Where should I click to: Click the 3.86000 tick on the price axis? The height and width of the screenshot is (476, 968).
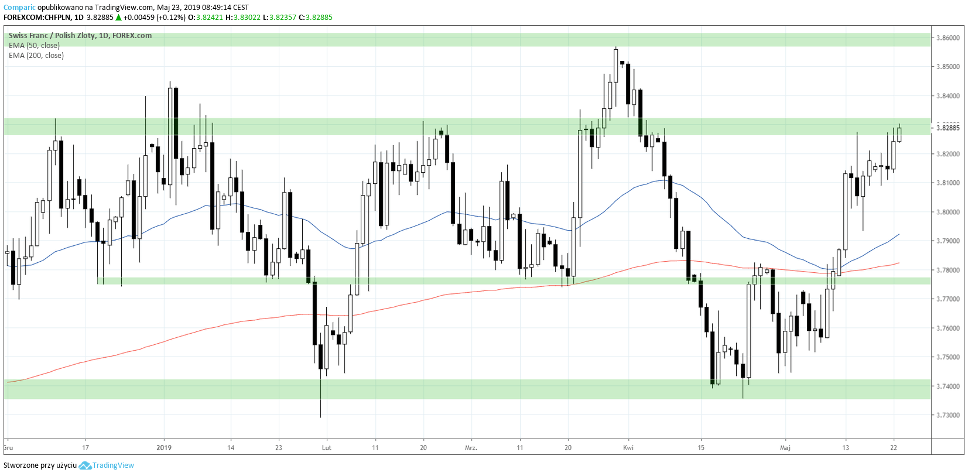[948, 38]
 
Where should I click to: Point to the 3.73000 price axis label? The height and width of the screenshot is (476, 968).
[948, 415]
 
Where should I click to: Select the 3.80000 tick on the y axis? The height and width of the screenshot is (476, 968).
[948, 212]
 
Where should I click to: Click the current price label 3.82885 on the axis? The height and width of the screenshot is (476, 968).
[948, 128]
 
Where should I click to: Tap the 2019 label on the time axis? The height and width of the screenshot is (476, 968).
[164, 448]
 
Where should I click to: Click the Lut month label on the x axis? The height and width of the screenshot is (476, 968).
[326, 448]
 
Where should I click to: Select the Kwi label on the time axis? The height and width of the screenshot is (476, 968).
[628, 448]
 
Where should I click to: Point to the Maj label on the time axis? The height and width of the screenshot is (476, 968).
[785, 448]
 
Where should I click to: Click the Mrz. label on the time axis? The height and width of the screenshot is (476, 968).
[471, 448]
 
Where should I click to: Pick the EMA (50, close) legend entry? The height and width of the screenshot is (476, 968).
[34, 46]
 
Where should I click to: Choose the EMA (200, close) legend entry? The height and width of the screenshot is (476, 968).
[36, 56]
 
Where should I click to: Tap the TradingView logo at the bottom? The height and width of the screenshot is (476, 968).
[107, 465]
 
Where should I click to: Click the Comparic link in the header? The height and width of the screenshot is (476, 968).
[19, 8]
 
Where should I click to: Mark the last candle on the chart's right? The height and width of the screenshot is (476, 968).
[899, 134]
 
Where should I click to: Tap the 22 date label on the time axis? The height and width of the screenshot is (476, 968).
[893, 448]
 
